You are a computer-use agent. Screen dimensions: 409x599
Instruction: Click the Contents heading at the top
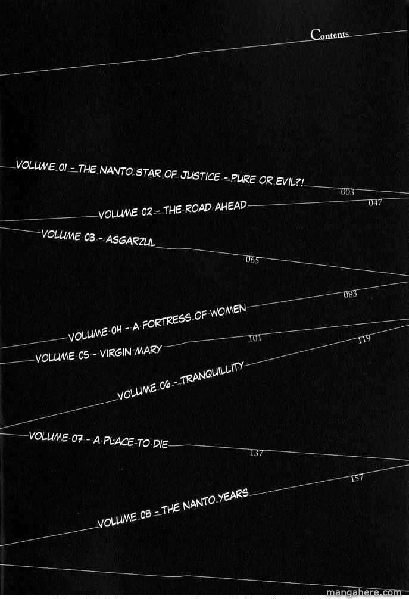tap(330, 34)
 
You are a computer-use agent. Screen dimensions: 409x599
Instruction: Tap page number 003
tap(348, 192)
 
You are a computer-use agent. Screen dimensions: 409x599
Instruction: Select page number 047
tap(375, 203)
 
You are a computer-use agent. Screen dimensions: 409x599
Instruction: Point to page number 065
tap(252, 260)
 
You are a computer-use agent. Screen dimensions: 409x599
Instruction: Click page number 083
tap(350, 294)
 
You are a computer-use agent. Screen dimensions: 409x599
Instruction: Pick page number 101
tap(255, 338)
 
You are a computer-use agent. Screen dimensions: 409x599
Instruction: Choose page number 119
tap(364, 339)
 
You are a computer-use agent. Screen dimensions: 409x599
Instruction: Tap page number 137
tap(257, 453)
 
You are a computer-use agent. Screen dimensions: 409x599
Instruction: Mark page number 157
tap(357, 478)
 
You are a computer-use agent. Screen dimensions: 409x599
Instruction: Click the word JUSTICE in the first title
tap(200, 176)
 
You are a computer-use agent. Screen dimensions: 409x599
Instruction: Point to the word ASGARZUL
tap(130, 241)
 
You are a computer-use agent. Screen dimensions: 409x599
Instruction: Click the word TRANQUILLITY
tap(213, 373)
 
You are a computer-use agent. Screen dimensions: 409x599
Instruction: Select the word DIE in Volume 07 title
tap(160, 444)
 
